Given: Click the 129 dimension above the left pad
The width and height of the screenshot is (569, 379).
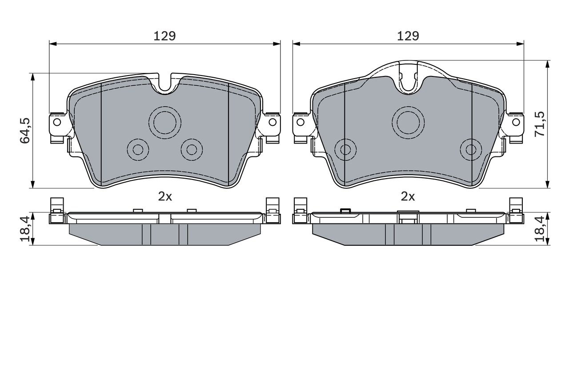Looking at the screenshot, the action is [164, 36].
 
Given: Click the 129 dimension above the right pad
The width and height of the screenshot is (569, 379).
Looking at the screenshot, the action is [408, 36].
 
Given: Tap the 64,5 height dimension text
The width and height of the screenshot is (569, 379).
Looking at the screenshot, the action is [25, 131].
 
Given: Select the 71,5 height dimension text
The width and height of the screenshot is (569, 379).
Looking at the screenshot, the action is [540, 124].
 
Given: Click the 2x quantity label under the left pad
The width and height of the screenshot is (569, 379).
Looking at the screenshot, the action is [165, 196].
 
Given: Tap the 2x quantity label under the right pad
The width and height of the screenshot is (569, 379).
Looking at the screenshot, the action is [408, 196].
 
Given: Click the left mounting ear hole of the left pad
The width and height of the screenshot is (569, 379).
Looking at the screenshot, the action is [57, 122].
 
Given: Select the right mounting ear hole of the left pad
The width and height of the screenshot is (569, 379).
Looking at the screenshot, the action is [272, 122].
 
